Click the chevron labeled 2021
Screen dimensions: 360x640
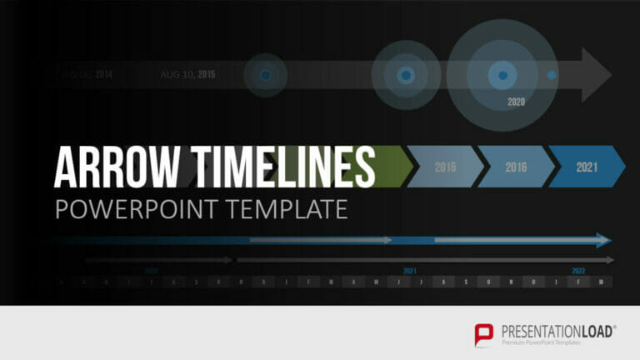tap(587, 167)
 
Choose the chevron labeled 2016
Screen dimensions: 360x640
tap(516, 167)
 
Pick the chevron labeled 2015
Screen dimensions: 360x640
tap(446, 167)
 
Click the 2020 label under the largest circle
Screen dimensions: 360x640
tap(517, 102)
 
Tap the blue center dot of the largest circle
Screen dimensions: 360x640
tap(502, 75)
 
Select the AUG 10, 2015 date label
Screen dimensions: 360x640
tap(187, 75)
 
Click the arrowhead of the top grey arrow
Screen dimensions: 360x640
tap(597, 74)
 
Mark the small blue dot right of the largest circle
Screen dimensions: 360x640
tap(551, 75)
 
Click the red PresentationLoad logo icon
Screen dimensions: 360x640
tap(484, 334)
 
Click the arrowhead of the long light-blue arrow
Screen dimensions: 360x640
tap(603, 240)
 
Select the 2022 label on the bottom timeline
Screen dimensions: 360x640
tap(578, 271)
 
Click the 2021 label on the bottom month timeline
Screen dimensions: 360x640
tap(410, 271)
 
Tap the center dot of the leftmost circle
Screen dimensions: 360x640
tap(265, 75)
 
